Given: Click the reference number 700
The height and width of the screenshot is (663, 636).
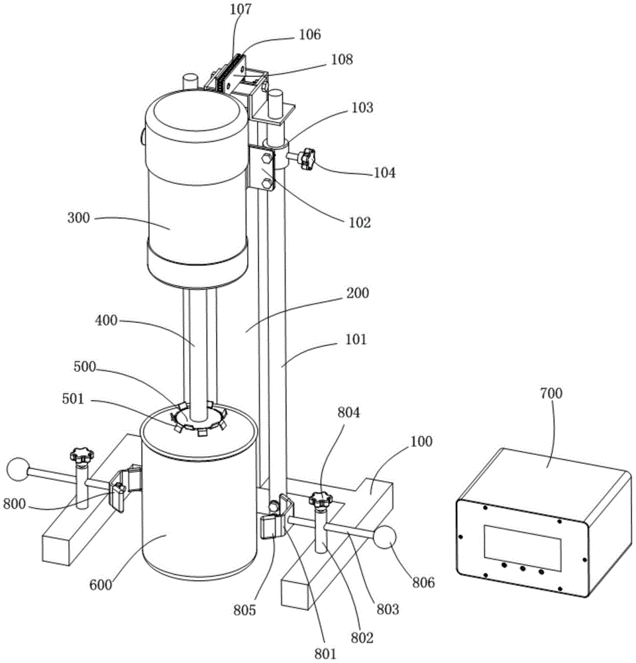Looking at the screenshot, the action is pyautogui.click(x=551, y=393).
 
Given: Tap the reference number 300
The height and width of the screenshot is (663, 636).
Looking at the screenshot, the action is pyautogui.click(x=79, y=217).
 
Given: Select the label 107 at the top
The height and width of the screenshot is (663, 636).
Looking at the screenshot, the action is pyautogui.click(x=240, y=9).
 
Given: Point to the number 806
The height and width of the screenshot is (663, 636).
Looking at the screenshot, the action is pyautogui.click(x=423, y=583).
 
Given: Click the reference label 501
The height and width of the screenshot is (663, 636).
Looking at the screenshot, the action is pyautogui.click(x=73, y=398).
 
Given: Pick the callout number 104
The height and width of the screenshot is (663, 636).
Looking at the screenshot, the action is pyautogui.click(x=384, y=172).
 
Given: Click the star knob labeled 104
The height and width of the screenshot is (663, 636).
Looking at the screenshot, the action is pyautogui.click(x=307, y=158).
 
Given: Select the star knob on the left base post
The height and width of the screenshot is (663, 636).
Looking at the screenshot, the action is pyautogui.click(x=81, y=455).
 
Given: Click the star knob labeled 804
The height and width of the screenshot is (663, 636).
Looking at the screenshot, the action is pyautogui.click(x=321, y=499).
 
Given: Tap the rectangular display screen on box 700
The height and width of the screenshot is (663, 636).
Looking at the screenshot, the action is pyautogui.click(x=523, y=548).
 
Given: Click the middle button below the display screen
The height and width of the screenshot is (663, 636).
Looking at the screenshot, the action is pyautogui.click(x=523, y=569).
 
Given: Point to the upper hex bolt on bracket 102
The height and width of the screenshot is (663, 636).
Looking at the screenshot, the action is pyautogui.click(x=267, y=158).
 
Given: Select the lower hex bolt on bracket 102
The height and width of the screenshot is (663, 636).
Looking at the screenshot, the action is pyautogui.click(x=266, y=184).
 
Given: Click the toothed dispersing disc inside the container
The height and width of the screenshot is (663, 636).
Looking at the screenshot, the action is pyautogui.click(x=199, y=418).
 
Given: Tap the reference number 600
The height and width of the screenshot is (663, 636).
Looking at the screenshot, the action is pyautogui.click(x=101, y=585).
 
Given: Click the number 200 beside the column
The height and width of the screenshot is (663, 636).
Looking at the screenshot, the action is pyautogui.click(x=358, y=293).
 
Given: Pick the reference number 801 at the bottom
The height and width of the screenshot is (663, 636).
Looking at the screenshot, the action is pyautogui.click(x=325, y=654).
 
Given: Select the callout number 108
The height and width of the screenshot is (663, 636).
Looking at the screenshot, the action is pyautogui.click(x=341, y=60).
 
